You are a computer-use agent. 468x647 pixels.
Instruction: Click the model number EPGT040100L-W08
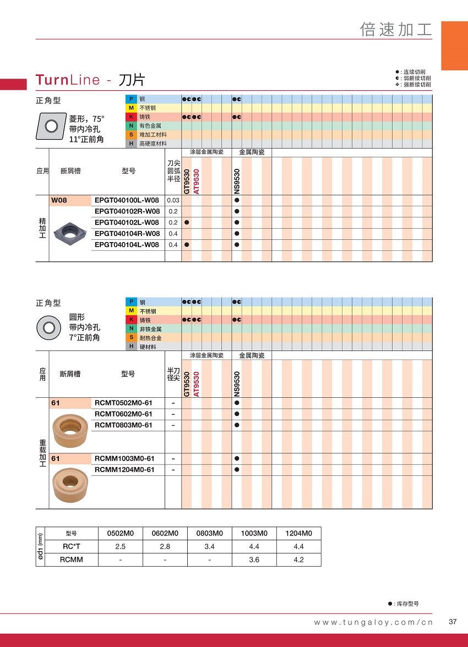point(127,200)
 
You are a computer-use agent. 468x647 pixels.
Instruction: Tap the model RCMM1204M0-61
point(124,470)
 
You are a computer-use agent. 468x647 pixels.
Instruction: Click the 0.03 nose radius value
point(173,200)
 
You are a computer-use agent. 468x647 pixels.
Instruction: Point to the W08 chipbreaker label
point(59,200)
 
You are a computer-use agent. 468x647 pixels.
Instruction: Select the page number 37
point(453,622)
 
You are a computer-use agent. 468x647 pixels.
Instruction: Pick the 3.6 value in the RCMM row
point(254,560)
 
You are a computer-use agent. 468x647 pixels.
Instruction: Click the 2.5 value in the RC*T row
point(120,547)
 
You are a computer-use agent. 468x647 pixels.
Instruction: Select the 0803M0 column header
point(209,533)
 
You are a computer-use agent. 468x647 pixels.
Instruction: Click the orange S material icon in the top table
point(131,135)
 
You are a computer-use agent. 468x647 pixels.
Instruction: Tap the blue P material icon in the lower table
point(131,302)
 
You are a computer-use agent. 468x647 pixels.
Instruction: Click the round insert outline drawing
point(48,328)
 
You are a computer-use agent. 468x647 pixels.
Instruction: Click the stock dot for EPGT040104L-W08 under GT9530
point(187,245)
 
